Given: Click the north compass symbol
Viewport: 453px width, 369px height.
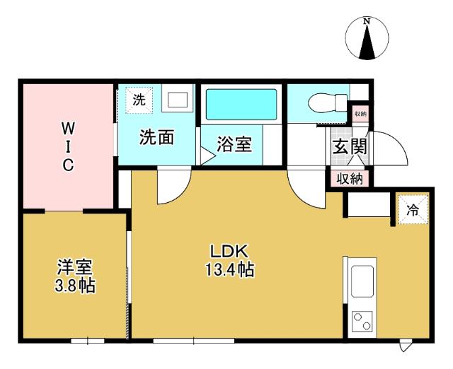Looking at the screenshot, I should click(x=367, y=40).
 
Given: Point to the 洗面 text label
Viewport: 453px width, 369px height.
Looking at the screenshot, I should click(x=156, y=137).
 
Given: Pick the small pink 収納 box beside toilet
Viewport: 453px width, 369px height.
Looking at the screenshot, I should click(x=360, y=113).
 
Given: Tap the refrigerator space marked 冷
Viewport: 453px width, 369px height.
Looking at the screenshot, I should click(x=411, y=209).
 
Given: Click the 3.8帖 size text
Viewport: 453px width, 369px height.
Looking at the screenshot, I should click(x=75, y=286).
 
